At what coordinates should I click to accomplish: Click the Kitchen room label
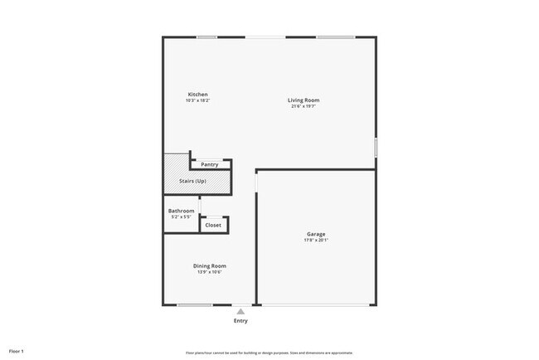click(x=197, y=95)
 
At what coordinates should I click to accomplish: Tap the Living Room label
click(x=305, y=100)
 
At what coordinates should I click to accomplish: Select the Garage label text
click(x=316, y=234)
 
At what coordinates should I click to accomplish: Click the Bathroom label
click(x=181, y=212)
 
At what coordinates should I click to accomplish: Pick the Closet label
click(x=213, y=225)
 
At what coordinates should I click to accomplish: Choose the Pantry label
click(x=210, y=164)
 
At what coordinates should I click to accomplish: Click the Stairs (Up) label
click(x=193, y=181)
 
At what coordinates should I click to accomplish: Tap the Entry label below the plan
click(x=240, y=321)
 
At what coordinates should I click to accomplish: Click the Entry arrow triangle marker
click(x=240, y=311)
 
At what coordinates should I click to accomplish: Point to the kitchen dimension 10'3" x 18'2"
click(x=197, y=100)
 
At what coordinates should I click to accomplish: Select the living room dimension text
click(x=305, y=106)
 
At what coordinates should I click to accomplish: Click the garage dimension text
click(x=316, y=241)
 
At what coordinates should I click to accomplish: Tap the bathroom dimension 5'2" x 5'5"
click(x=181, y=217)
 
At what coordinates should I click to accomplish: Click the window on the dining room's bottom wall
click(x=195, y=305)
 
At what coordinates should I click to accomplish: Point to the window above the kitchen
click(x=206, y=36)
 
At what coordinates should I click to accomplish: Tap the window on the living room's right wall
click(x=376, y=148)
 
